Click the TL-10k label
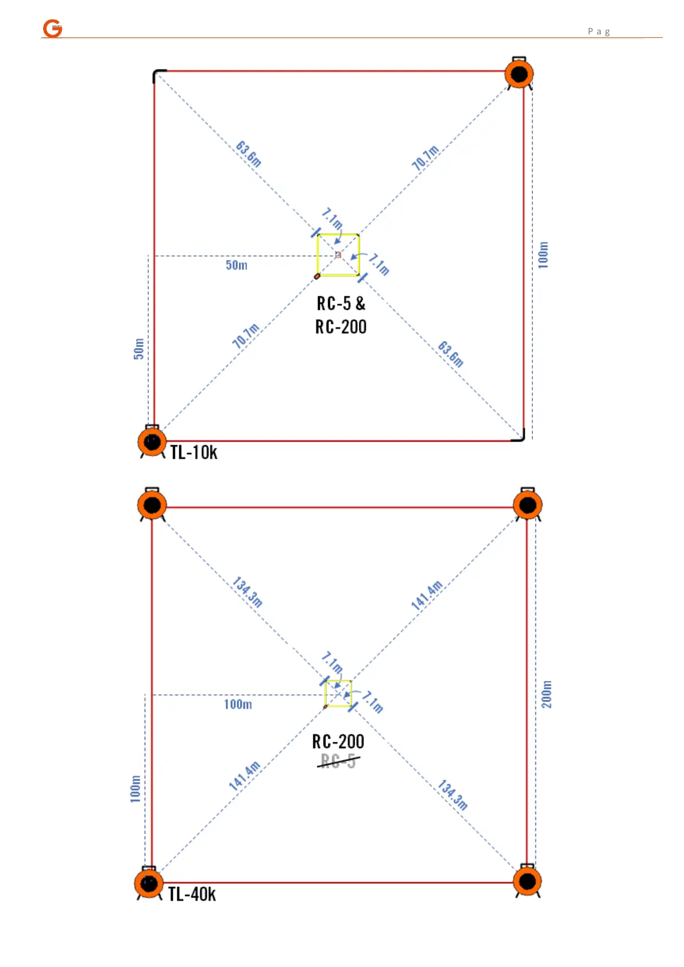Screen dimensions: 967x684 coord(194,452)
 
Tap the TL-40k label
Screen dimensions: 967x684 coord(192,894)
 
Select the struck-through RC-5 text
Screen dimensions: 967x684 coord(338,761)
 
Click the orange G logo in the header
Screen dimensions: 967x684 coord(53,28)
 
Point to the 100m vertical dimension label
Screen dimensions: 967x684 coord(543,254)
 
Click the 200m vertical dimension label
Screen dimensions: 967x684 coord(547,694)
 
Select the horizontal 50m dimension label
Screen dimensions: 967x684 coord(237,265)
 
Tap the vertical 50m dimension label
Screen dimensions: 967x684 coord(139,349)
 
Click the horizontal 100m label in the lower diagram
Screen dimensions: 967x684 coord(238,705)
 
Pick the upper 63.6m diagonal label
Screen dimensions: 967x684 coord(249,154)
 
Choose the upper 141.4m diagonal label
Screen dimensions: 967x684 coord(427,595)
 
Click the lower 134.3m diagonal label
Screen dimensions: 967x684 coord(453,795)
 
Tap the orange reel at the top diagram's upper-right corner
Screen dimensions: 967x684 coord(519,74)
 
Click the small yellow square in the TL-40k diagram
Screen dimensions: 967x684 coord(338,693)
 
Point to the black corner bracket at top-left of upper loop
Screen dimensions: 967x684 coord(158,74)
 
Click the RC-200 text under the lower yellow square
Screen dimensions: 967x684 coord(338,742)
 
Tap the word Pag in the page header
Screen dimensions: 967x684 coord(598,32)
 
